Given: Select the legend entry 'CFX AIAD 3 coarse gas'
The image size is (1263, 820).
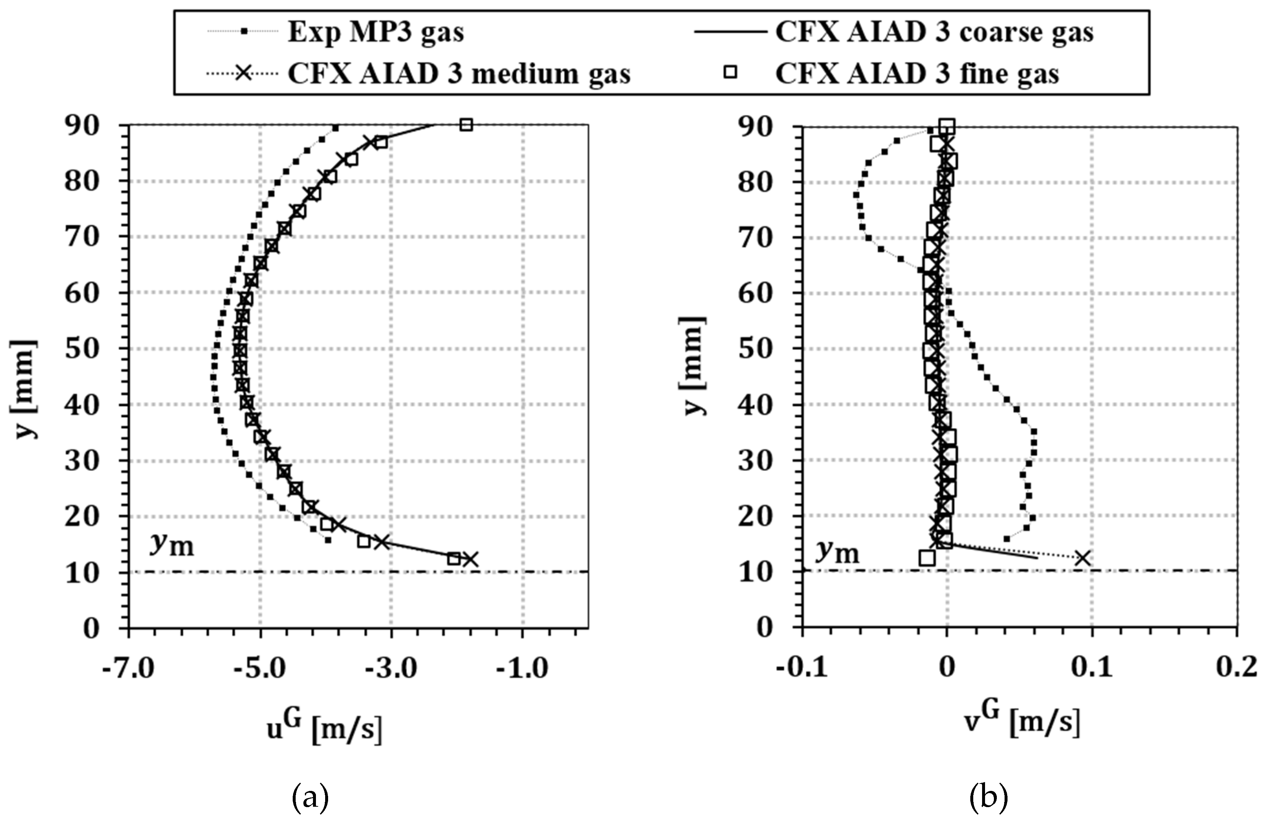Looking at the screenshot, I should [934, 33].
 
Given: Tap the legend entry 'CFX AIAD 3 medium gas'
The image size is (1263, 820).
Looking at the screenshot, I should [459, 74].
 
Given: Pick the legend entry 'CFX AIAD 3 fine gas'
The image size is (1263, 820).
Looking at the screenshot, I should [916, 74].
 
